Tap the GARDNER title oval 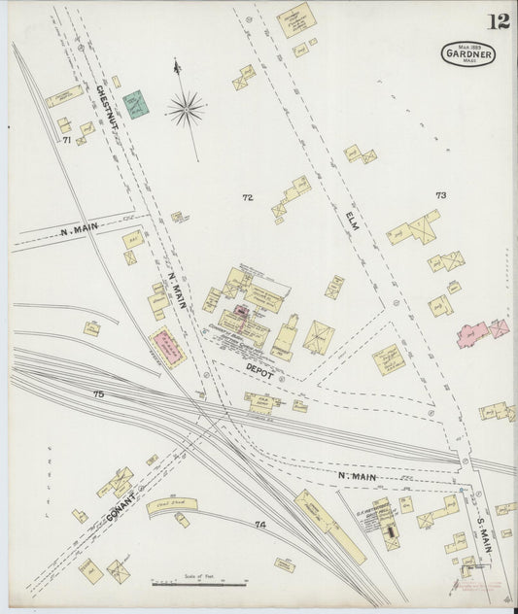pos(468,53)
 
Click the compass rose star pos(185,109)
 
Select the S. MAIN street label pos(484,531)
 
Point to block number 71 pos(67,140)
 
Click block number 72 pos(248,197)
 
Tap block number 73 pos(440,195)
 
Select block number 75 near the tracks pos(97,393)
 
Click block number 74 pos(259,525)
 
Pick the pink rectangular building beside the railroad pos(167,348)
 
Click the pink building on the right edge pos(483,332)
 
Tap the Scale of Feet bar pos(199,583)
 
